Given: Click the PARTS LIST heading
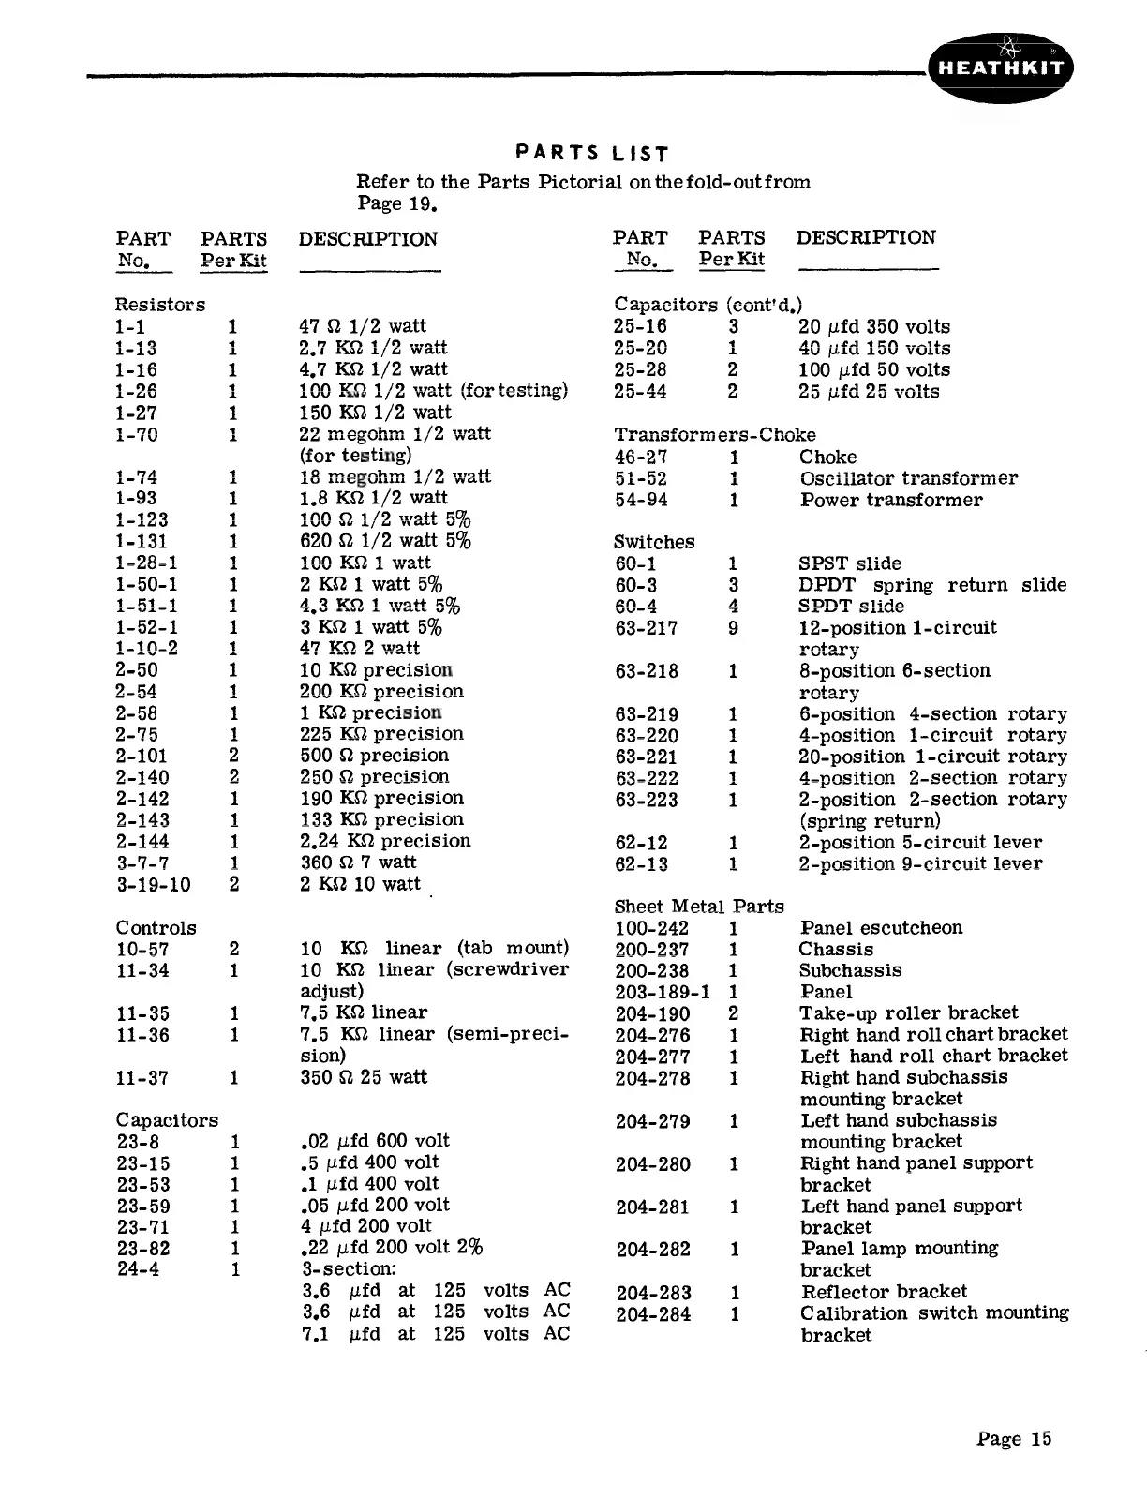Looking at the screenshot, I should pos(593,153).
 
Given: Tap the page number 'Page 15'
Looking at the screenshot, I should pos(1014,1439).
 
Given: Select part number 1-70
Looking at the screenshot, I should pos(136,434).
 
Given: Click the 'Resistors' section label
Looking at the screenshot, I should pos(159,305).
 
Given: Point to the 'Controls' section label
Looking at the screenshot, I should pos(156,928).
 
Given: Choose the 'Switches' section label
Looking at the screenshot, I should pos(654,542).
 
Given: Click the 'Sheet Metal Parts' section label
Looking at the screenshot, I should pos(699,907).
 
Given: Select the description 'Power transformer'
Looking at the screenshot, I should pos(891,500).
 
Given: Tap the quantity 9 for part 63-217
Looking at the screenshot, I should pos(734,628).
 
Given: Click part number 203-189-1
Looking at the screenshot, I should pos(663,992).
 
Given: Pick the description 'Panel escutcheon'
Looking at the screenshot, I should pos(881,928).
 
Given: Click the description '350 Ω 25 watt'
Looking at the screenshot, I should pos(364,1077).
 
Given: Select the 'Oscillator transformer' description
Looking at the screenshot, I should pos(908,478).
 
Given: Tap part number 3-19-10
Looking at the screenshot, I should pos(153,884).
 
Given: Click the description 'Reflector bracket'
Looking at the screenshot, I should pos(884,1292).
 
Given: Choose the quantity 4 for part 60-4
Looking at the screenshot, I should pos(734,607).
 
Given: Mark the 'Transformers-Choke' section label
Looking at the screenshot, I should pos(714,435).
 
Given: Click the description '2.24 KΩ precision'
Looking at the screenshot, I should pos(385,841).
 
